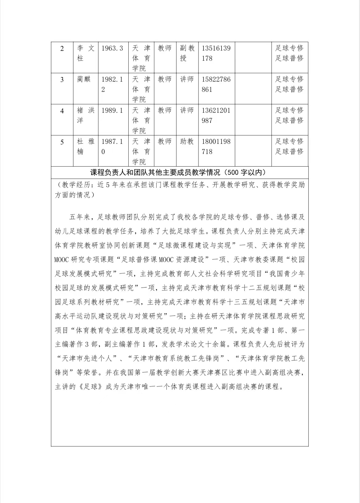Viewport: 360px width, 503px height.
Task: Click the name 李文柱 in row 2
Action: pos(86,53)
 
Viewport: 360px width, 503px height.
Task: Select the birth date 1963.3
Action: pos(112,48)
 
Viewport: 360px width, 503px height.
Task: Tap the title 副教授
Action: pos(187,53)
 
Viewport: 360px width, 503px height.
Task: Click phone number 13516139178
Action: pos(216,53)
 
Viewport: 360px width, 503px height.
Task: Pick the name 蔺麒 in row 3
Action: pos(84,79)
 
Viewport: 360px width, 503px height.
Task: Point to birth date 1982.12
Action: pos(112,84)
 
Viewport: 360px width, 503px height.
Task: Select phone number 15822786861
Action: pos(216,84)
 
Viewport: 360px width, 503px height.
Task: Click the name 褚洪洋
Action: pos(86,115)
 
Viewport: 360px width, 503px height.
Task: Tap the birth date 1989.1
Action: pos(112,110)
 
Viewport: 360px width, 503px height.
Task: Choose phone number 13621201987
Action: pos(216,115)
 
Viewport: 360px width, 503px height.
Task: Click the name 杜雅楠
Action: pos(86,146)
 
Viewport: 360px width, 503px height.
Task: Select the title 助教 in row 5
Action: pos(187,141)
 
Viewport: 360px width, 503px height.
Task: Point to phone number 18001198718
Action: pos(216,146)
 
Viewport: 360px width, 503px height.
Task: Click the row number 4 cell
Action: pos(62,111)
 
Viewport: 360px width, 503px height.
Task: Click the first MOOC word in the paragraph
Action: pos(61,260)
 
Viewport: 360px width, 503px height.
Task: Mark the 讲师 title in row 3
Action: pos(187,79)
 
